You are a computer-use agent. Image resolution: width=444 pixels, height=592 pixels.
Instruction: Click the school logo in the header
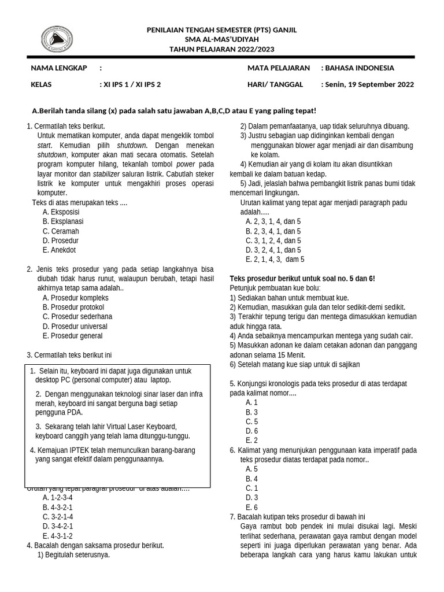click(x=57, y=39)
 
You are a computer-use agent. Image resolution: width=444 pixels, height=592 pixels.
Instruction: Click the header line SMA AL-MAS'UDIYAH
click(x=222, y=39)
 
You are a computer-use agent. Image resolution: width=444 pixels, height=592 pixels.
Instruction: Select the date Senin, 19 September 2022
click(x=369, y=84)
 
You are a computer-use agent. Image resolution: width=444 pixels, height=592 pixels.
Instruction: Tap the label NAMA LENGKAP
click(x=59, y=68)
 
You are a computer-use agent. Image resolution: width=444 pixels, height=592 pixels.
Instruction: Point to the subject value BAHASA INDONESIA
click(x=360, y=68)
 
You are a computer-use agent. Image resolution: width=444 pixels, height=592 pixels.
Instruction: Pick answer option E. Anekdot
click(x=59, y=250)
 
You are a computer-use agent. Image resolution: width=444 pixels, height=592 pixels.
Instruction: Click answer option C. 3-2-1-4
click(x=58, y=516)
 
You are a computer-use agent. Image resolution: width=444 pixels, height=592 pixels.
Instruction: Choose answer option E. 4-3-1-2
click(x=58, y=535)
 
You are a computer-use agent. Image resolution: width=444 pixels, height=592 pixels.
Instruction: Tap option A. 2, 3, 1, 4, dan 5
click(x=273, y=221)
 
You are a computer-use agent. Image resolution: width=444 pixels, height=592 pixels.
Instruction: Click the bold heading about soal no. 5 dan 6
click(x=302, y=279)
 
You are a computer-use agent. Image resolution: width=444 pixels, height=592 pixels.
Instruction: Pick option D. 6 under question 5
click(x=251, y=431)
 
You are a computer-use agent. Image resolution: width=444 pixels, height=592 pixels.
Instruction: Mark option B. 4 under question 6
click(x=251, y=479)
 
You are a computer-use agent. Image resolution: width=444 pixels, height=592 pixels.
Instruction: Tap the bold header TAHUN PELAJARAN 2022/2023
click(x=222, y=49)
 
